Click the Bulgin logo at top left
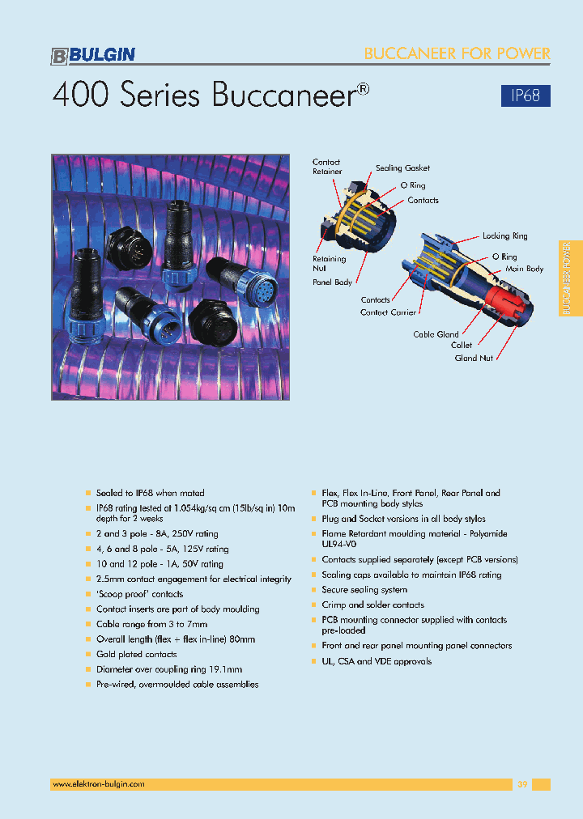pyautogui.click(x=93, y=55)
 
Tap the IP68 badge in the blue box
pyautogui.click(x=526, y=95)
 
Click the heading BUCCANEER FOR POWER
pyautogui.click(x=457, y=54)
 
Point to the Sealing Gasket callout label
pyautogui.click(x=402, y=168)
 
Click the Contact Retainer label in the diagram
pyautogui.click(x=327, y=167)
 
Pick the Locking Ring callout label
pyautogui.click(x=504, y=236)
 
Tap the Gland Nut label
pyautogui.click(x=474, y=358)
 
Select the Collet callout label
pyautogui.click(x=462, y=346)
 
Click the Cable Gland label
pyautogui.click(x=436, y=334)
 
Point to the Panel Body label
pyautogui.click(x=332, y=282)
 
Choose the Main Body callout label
pyautogui.click(x=524, y=269)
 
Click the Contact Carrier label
pyautogui.click(x=388, y=312)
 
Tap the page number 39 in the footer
pyautogui.click(x=522, y=784)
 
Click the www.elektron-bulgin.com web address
pyautogui.click(x=98, y=784)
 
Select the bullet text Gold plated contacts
pyautogui.click(x=136, y=654)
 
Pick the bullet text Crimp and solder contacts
pyautogui.click(x=372, y=605)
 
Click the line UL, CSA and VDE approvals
pyautogui.click(x=377, y=661)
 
